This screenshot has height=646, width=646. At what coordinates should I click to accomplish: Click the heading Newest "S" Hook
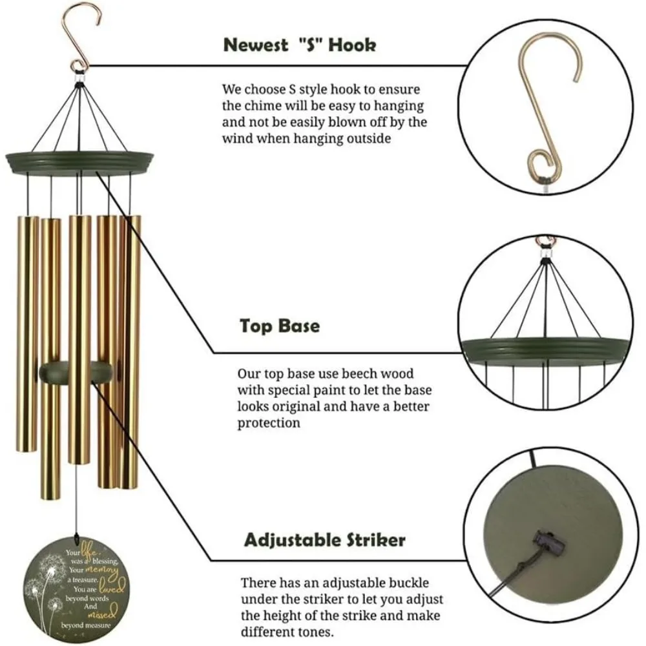(x=300, y=45)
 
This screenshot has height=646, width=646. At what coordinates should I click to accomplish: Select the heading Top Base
(x=280, y=325)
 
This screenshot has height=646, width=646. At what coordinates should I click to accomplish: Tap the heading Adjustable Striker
(x=324, y=539)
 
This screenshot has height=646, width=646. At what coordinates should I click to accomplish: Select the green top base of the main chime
(x=79, y=161)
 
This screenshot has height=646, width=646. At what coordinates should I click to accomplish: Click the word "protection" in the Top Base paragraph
(x=268, y=424)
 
